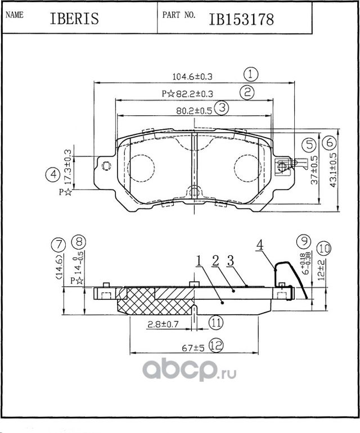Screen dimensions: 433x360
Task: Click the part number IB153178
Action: pos(241,19)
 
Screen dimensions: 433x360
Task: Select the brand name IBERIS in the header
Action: pos(74,19)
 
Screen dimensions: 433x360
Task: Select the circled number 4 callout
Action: pos(52,175)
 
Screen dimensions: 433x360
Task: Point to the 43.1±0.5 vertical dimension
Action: pos(333,170)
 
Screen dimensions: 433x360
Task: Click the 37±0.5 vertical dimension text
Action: pos(316,171)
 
